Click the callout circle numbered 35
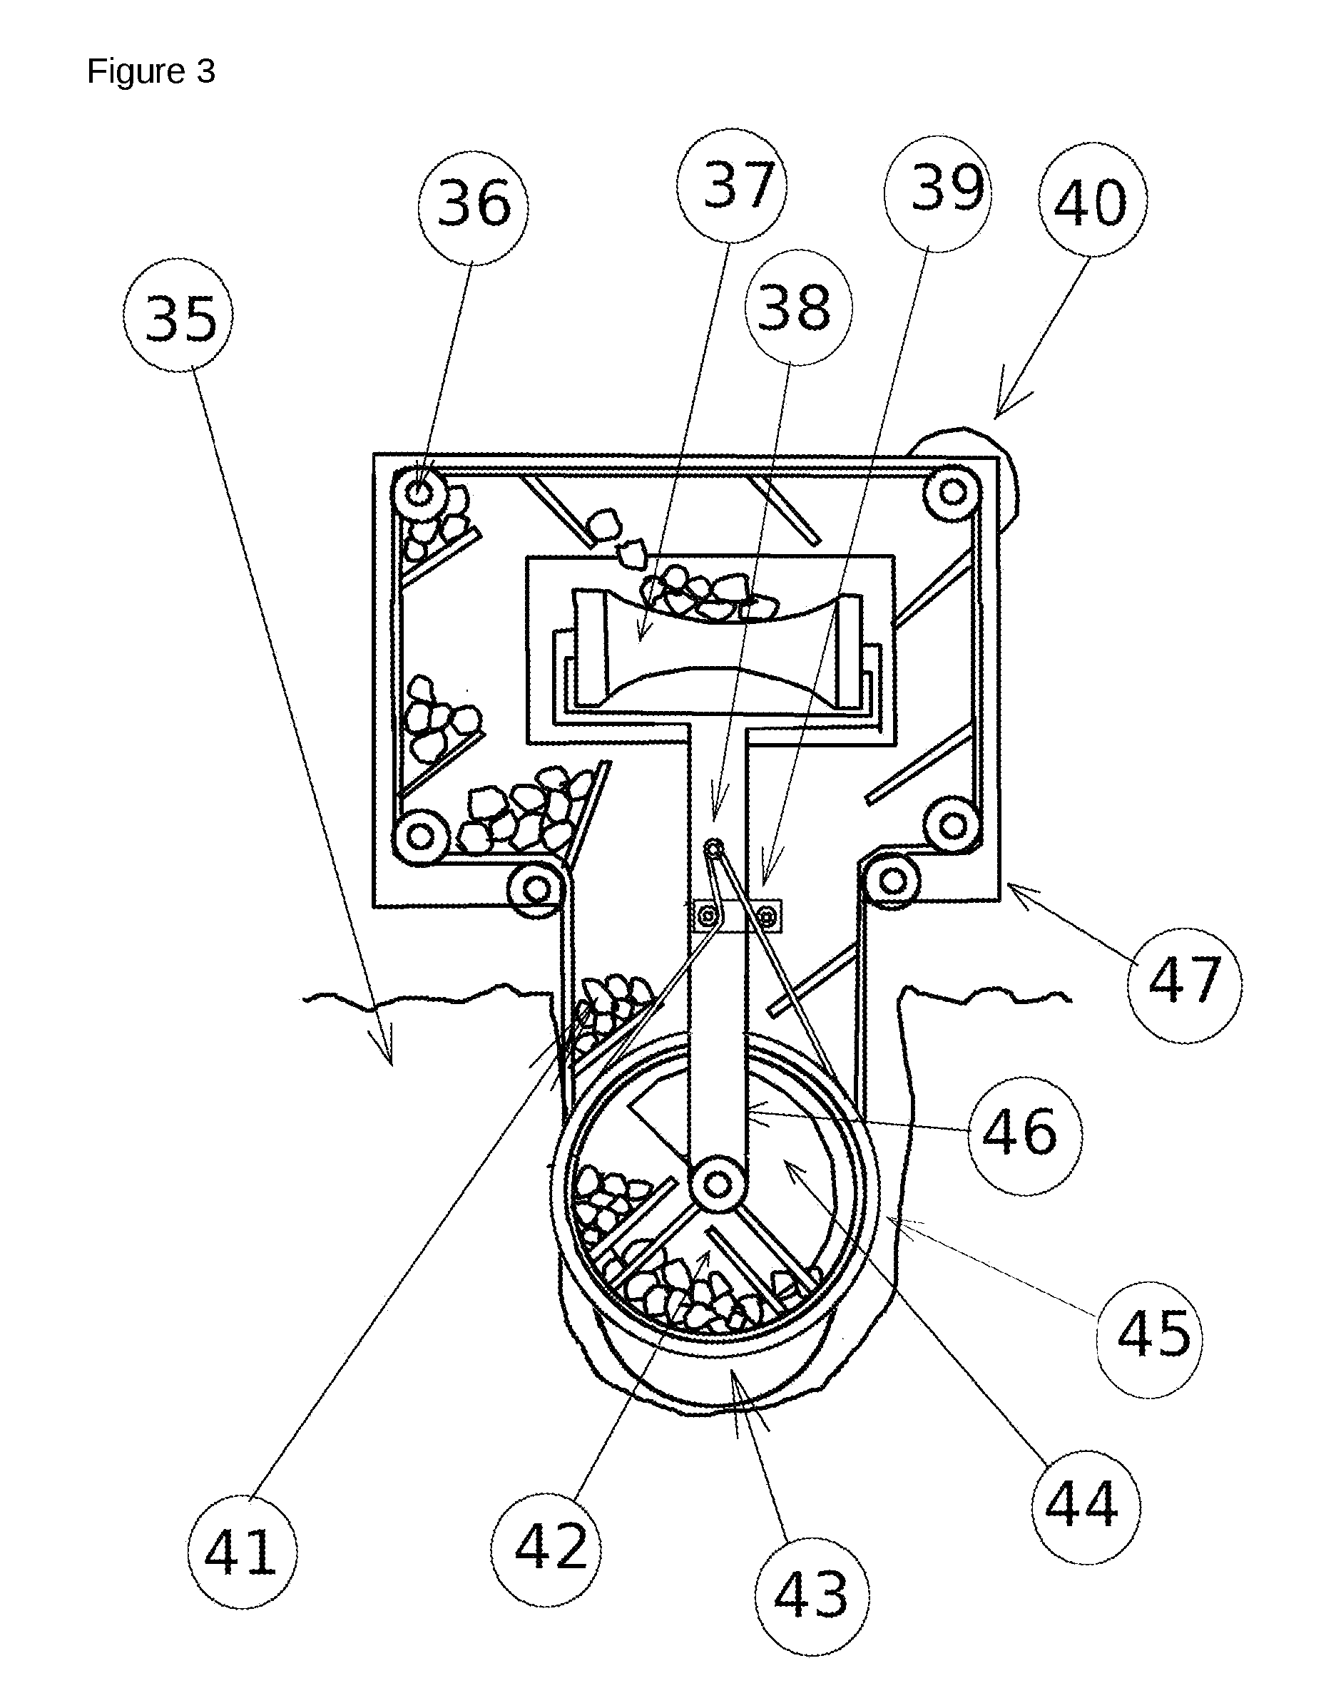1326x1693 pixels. pos(178,315)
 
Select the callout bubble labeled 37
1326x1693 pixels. pos(732,186)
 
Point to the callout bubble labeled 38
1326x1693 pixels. pos(799,307)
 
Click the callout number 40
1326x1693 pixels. pos(1093,199)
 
